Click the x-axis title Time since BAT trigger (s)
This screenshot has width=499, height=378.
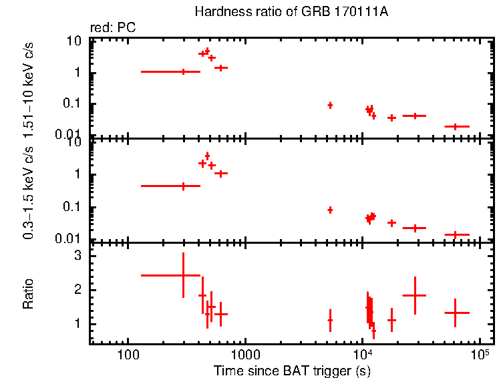click(x=292, y=370)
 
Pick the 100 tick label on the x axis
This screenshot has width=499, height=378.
click(x=127, y=354)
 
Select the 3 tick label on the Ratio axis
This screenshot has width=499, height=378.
click(x=77, y=255)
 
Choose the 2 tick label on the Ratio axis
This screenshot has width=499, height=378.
click(x=77, y=290)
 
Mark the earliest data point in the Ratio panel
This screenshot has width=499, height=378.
click(x=183, y=275)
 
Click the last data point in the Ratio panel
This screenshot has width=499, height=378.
click(x=455, y=313)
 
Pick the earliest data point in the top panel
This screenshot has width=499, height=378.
click(x=183, y=71)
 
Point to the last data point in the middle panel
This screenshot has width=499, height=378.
click(x=455, y=234)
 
